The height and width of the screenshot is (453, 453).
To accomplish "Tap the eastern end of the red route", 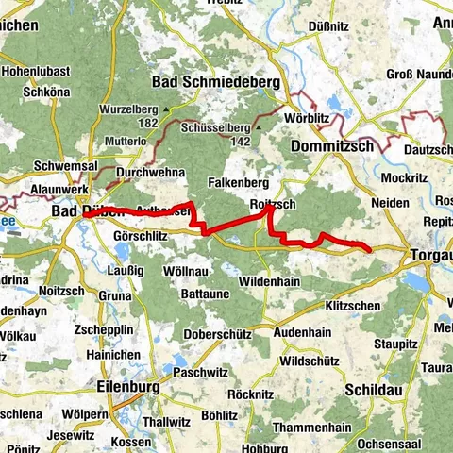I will point(369,249).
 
